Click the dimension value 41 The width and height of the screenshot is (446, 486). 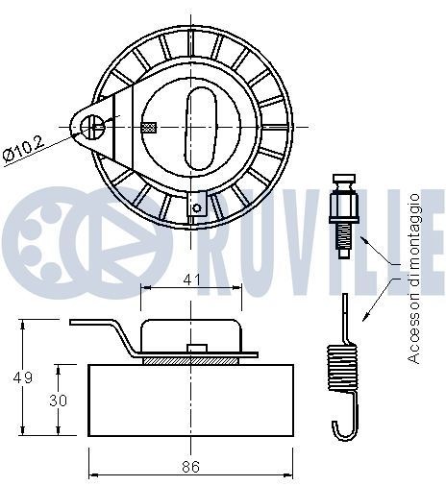pyautogui.click(x=191, y=279)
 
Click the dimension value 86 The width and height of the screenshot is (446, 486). pyautogui.click(x=191, y=467)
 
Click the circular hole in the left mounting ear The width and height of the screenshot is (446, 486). pyautogui.click(x=91, y=122)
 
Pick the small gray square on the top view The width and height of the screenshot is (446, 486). pyautogui.click(x=147, y=127)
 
